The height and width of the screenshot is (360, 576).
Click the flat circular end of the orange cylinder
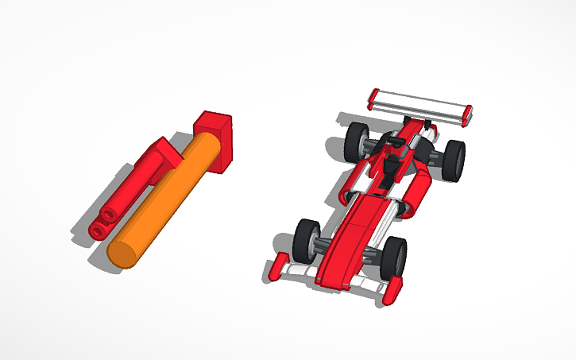pos(122,254)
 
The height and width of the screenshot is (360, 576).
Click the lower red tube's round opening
pos(99,230)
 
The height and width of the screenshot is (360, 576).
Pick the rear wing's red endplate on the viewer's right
pos(468,114)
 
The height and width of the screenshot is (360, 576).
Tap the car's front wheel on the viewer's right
pos(393,258)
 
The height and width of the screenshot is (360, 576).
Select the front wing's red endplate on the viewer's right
pos(391,292)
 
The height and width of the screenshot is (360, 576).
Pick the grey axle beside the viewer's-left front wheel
pos(324,245)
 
